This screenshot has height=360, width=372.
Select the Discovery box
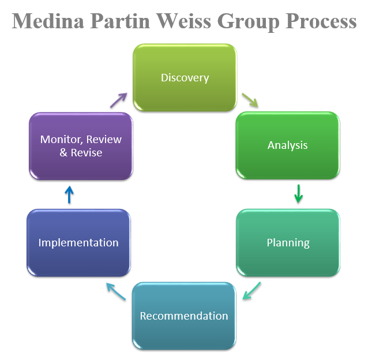point(185,78)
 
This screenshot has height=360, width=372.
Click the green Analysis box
point(288,145)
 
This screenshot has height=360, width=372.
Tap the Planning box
point(288,242)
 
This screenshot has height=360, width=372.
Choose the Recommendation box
point(184,316)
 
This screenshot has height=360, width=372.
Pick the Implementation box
point(78,242)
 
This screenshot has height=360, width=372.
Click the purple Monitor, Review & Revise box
point(81,146)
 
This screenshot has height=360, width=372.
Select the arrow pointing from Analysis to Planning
point(298,194)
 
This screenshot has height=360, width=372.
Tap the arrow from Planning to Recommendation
point(251,291)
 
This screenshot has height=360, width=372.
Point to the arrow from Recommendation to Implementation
point(115,291)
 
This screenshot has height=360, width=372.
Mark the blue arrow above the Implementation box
point(69,194)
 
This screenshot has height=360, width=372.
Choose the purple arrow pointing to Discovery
point(118,100)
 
